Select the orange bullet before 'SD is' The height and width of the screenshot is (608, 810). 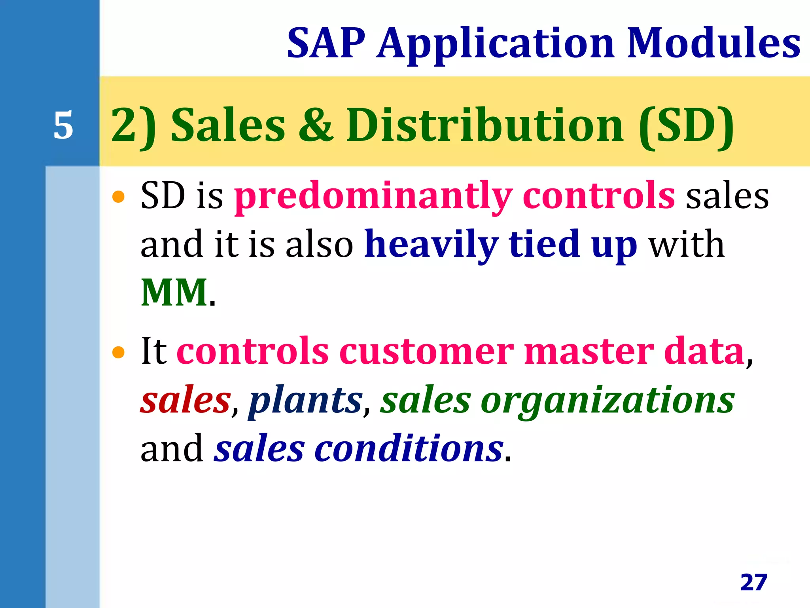point(118,196)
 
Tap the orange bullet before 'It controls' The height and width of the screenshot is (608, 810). point(118,352)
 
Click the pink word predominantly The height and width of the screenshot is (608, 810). point(373,196)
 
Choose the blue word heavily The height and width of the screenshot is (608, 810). point(431,245)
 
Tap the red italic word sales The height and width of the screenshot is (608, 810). point(185,400)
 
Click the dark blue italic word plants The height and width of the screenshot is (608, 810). point(305,400)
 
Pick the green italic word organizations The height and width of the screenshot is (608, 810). point(607,400)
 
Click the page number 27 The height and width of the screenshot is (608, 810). point(754,582)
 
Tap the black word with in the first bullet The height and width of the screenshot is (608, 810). point(687,245)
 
